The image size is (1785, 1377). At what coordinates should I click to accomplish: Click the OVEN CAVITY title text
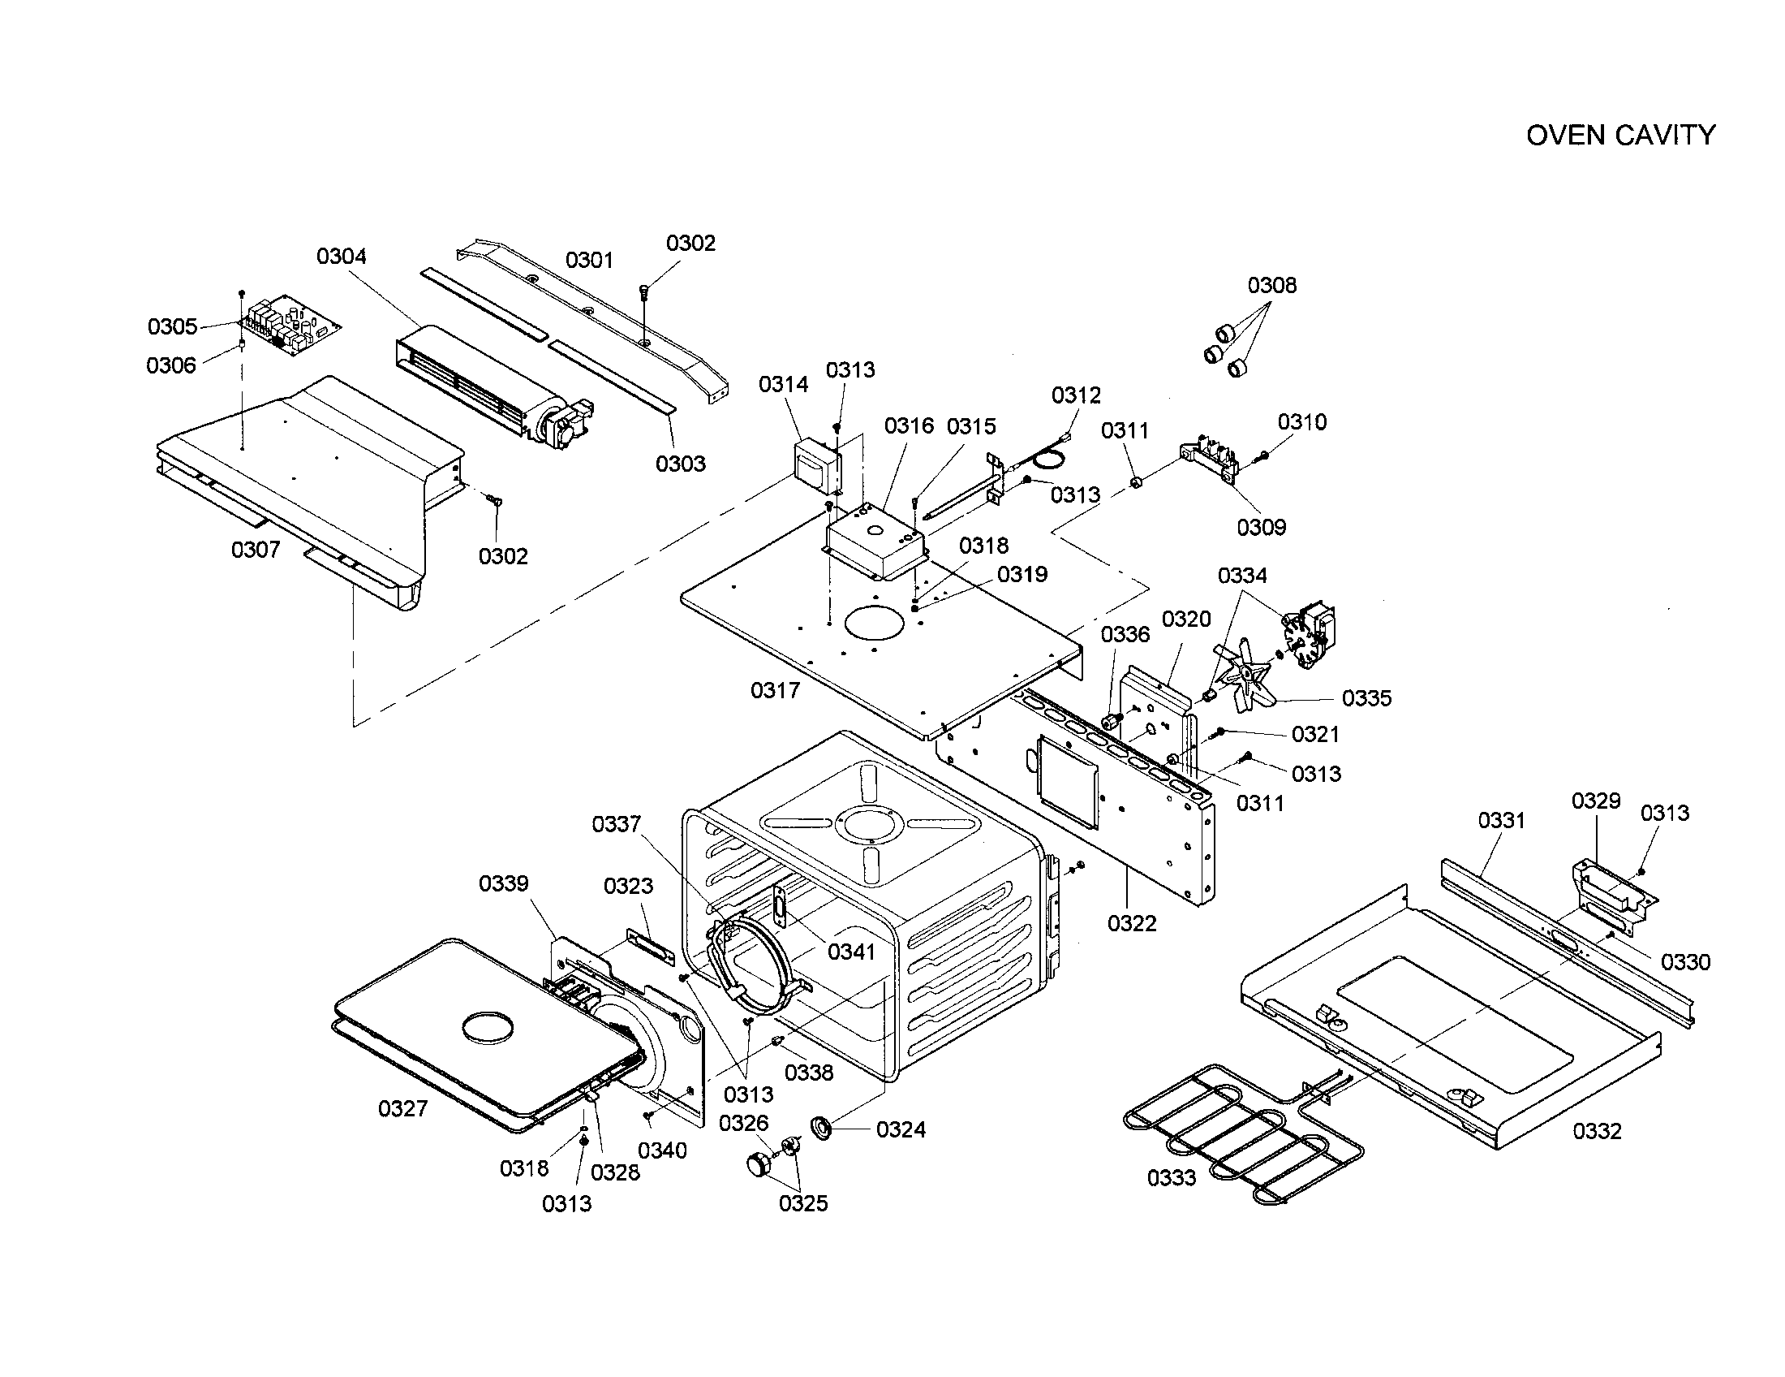tap(1621, 135)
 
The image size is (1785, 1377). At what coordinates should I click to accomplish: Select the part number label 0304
tap(342, 256)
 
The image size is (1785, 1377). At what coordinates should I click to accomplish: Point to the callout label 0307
tap(256, 550)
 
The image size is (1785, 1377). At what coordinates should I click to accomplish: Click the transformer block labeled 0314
tap(818, 469)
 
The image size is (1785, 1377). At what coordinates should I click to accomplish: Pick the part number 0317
tap(775, 691)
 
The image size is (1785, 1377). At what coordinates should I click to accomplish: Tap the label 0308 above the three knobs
tap(1271, 285)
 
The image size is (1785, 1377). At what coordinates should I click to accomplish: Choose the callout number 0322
tap(1132, 923)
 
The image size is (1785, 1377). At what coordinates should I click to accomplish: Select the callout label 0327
tap(403, 1108)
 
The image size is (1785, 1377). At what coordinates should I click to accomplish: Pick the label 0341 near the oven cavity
tap(851, 952)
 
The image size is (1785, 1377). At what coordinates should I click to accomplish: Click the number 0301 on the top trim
tap(589, 260)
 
